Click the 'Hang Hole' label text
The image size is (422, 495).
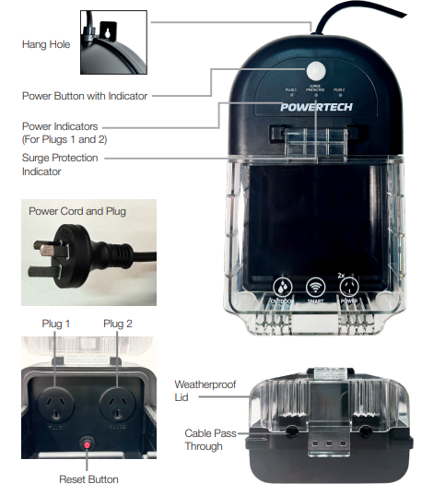coord(47,43)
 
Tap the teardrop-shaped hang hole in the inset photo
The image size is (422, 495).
coord(110,29)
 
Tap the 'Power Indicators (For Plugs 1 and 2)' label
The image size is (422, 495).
coord(64,133)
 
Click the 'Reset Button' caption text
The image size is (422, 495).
coord(89,479)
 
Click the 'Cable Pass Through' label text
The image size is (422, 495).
coord(205,439)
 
